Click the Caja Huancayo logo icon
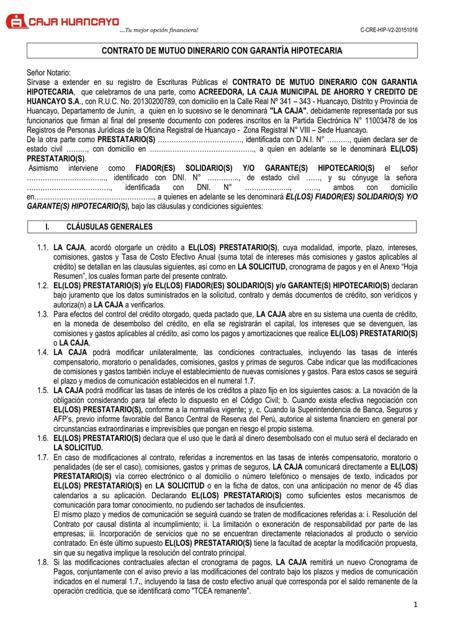point(17,21)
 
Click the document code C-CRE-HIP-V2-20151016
point(389,30)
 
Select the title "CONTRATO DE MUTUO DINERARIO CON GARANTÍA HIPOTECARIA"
point(222,50)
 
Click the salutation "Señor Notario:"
point(49,73)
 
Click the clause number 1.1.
point(43,247)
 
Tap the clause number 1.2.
point(43,286)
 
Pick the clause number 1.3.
point(43,314)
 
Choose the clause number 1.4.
point(43,352)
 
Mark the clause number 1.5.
point(43,390)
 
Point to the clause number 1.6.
point(43,438)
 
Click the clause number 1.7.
point(43,457)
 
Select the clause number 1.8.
point(43,562)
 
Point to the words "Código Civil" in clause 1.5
point(274,400)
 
